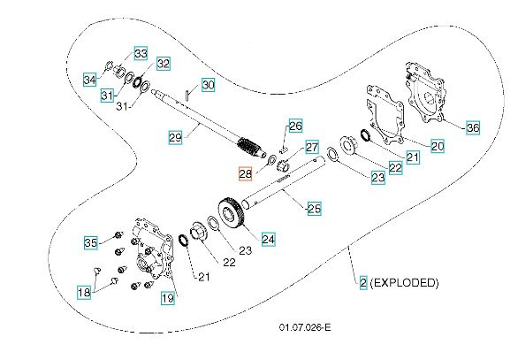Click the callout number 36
pyautogui.click(x=473, y=127)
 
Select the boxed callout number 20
pyautogui.click(x=438, y=147)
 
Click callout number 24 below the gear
pyautogui.click(x=268, y=238)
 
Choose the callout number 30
pyautogui.click(x=208, y=85)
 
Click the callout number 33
pyautogui.click(x=141, y=53)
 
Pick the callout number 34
pyautogui.click(x=89, y=80)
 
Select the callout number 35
pyautogui.click(x=90, y=242)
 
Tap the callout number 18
pyautogui.click(x=85, y=292)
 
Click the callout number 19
pyautogui.click(x=168, y=298)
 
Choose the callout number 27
pyautogui.click(x=311, y=146)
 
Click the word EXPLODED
pyautogui.click(x=404, y=284)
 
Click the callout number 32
pyautogui.click(x=163, y=63)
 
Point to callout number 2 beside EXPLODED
pyautogui.click(x=362, y=284)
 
